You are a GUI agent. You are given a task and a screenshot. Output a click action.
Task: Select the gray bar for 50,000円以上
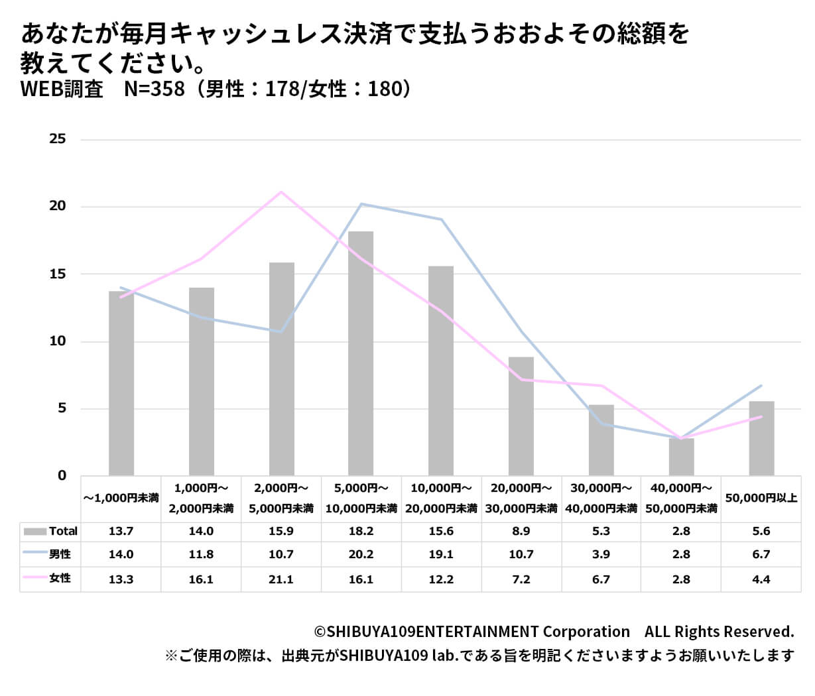pos(761,437)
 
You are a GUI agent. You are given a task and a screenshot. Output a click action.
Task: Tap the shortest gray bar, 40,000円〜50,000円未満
pos(681,457)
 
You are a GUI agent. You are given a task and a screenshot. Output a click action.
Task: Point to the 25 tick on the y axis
pos(58,139)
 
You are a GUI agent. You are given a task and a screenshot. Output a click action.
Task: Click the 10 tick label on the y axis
pos(58,341)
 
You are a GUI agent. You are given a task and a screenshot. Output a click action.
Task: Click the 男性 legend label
pos(60,554)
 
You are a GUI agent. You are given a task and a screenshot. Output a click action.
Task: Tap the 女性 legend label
pos(60,578)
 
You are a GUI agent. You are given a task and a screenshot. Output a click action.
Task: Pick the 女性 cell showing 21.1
pos(281,579)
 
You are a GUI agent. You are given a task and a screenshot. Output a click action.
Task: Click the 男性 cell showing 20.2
pos(361,554)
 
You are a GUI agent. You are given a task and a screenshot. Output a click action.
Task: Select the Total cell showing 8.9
pos(521,531)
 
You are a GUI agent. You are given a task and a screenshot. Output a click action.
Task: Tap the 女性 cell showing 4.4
pos(761,579)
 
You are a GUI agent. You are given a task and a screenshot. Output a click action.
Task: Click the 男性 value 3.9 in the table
pos(601,554)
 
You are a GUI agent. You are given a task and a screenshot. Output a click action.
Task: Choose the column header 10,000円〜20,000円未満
pos(441,498)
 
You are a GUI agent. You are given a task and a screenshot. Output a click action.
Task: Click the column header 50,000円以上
pos(761,498)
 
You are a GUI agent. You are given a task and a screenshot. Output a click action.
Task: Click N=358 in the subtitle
pos(155,89)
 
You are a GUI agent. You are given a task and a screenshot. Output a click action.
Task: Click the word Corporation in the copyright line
pos(586,631)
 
